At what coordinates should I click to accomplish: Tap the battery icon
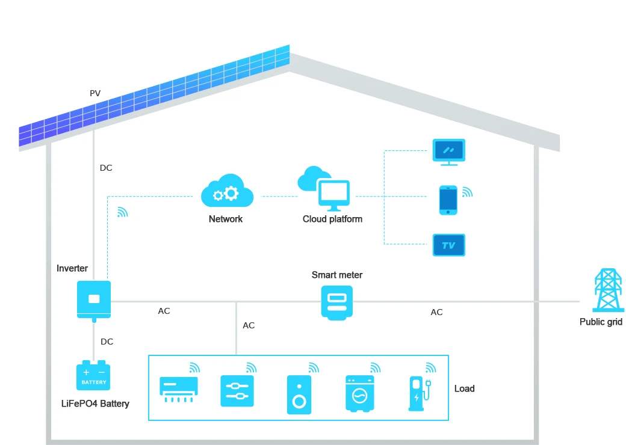tap(93, 375)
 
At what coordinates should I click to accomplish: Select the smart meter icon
tap(337, 302)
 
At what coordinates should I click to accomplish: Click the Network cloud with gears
tap(227, 191)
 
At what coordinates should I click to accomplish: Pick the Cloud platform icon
tap(324, 189)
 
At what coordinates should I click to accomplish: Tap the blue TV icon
tap(449, 245)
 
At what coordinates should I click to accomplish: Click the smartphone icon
tap(448, 200)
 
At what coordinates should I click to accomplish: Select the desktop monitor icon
tap(449, 152)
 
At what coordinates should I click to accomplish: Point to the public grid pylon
tap(608, 290)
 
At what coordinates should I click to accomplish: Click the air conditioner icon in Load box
tap(178, 389)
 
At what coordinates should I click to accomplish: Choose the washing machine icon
tap(360, 393)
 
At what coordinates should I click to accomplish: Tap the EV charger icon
tap(420, 393)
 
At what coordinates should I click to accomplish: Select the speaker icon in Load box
tap(299, 394)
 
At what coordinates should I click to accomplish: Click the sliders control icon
tap(237, 391)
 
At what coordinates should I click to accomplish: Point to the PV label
tap(95, 93)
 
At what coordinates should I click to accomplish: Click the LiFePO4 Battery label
tap(95, 404)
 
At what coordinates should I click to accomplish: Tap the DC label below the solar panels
tap(106, 168)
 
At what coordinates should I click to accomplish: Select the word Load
tap(464, 388)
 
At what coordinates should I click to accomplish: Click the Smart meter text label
tap(337, 275)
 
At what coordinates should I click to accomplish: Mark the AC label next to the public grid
tap(437, 312)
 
